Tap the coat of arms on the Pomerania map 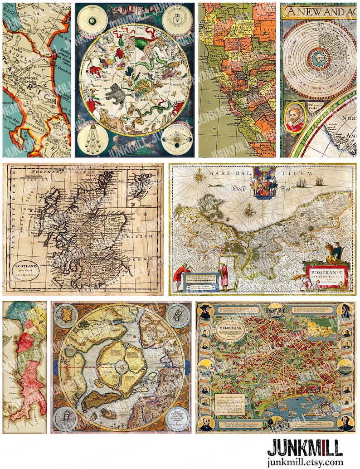[263, 182]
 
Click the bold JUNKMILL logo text [304, 448]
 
